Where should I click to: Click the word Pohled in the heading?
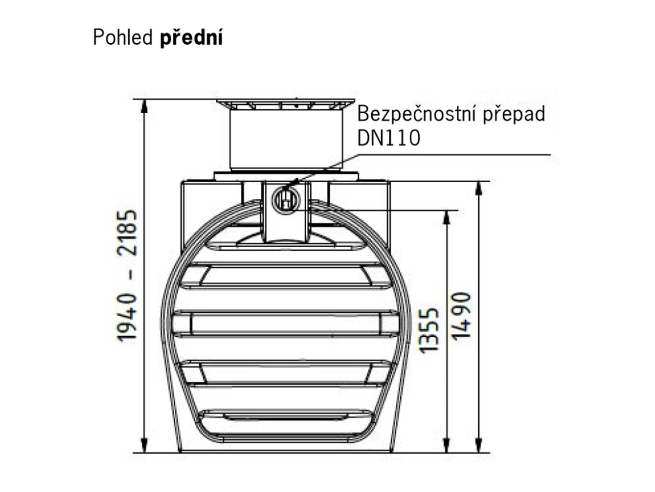tap(123, 38)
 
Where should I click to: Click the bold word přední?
tap(191, 38)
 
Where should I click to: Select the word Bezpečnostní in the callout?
tap(418, 114)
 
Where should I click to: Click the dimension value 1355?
tap(430, 330)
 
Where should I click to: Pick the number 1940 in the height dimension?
tap(127, 315)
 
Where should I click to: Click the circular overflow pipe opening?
tap(286, 199)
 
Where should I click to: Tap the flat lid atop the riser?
tap(286, 104)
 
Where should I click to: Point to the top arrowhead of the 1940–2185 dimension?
tap(144, 106)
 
